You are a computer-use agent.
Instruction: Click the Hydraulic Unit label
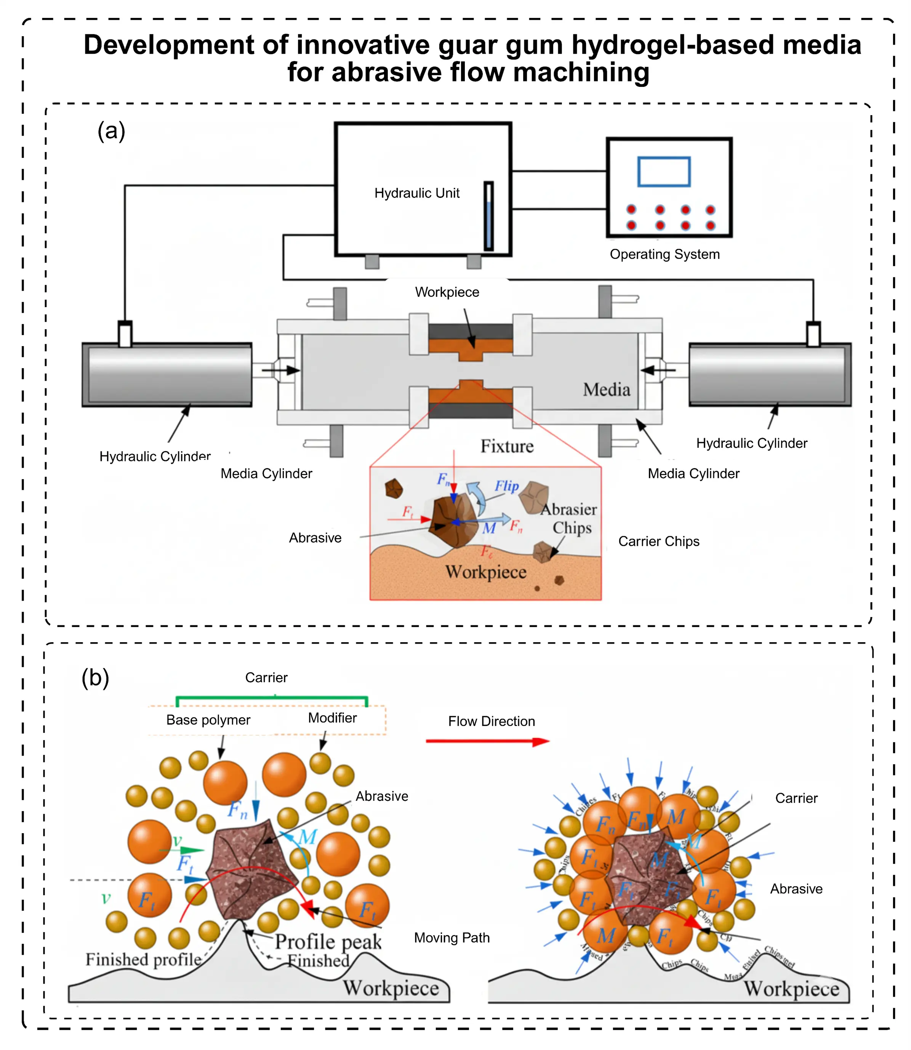[x=416, y=193]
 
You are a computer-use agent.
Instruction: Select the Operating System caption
[x=664, y=254]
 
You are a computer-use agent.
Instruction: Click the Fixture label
[x=507, y=446]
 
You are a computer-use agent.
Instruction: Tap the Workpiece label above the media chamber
[x=447, y=292]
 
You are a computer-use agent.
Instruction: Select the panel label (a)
[x=111, y=131]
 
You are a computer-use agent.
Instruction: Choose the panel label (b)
[x=95, y=678]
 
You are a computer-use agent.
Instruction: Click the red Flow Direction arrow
[x=487, y=741]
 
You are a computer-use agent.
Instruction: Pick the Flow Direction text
[x=491, y=721]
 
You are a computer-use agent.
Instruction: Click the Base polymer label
[x=208, y=720]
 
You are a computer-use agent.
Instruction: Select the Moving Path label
[x=451, y=938]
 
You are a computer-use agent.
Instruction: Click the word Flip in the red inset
[x=506, y=486]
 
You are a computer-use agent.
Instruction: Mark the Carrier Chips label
[x=658, y=542]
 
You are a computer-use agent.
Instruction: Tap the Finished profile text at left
[x=143, y=960]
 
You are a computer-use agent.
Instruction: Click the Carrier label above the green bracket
[x=266, y=678]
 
